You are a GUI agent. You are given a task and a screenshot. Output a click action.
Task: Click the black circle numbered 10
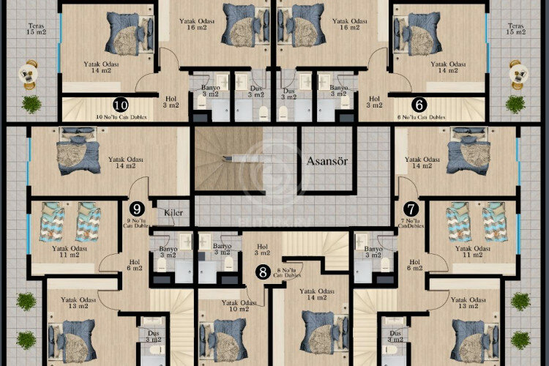point(121,105)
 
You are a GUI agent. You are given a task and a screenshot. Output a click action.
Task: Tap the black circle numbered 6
point(419,105)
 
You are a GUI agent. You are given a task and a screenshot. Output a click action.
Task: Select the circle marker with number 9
point(135,209)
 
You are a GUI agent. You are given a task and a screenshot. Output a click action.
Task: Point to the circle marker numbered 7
point(411,209)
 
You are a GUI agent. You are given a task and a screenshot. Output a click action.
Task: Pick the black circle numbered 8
point(263,272)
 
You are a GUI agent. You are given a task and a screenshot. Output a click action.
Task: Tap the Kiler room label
point(173,213)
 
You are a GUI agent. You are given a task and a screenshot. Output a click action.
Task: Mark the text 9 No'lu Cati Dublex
point(136,224)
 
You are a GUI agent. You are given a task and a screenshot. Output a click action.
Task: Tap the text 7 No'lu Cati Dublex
point(411,224)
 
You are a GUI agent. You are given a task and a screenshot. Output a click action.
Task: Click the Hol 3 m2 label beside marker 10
point(169,101)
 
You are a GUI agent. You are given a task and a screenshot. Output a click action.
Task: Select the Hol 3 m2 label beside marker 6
point(374,101)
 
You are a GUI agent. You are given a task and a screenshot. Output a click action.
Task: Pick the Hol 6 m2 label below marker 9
point(135,264)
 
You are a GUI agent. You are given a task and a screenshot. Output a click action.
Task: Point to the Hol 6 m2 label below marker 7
point(415,264)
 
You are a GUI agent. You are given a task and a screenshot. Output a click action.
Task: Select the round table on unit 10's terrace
point(29,72)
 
